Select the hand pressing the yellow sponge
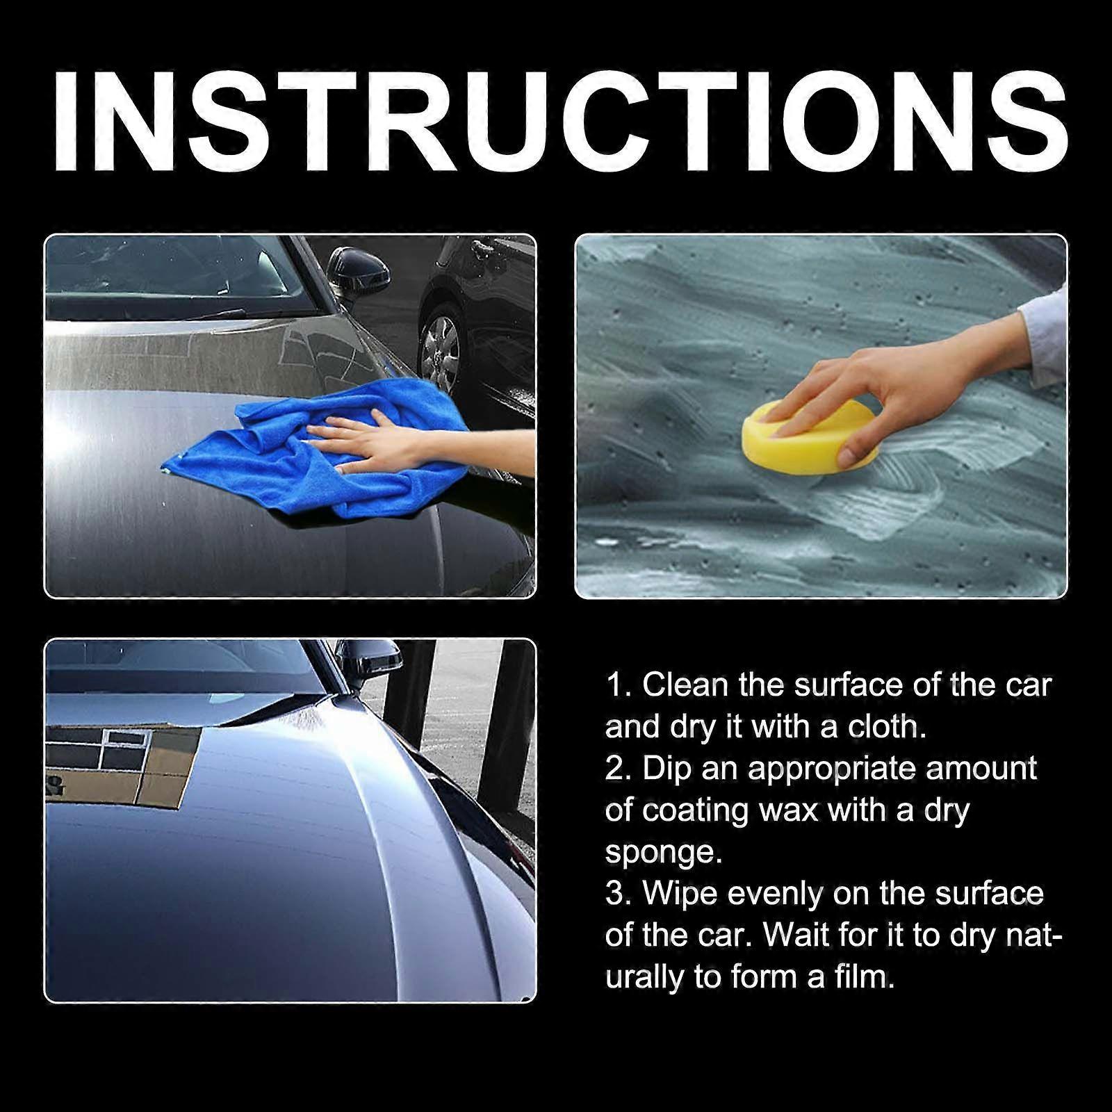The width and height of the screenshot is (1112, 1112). [897, 389]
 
